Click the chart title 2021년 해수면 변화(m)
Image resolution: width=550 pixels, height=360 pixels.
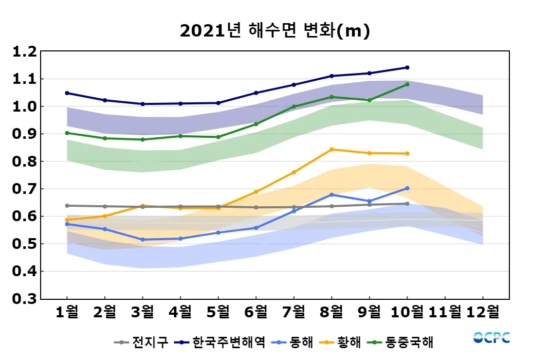[275, 31]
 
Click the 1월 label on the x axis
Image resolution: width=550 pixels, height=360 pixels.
[67, 312]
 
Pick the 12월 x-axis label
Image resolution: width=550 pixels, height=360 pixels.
[483, 312]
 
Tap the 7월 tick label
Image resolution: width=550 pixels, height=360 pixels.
[294, 312]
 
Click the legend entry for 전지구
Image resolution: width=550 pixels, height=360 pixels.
[141, 342]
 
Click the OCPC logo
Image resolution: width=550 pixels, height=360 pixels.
[491, 338]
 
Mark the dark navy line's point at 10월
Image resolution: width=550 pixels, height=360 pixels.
[407, 67]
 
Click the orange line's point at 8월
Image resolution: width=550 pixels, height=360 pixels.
[332, 150]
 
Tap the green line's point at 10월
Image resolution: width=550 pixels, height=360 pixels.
[407, 84]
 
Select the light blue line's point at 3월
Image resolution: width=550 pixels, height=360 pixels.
[142, 240]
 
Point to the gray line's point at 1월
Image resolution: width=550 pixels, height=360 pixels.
[67, 206]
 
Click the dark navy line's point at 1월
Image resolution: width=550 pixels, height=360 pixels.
[67, 93]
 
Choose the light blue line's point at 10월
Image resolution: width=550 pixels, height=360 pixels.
[407, 188]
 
